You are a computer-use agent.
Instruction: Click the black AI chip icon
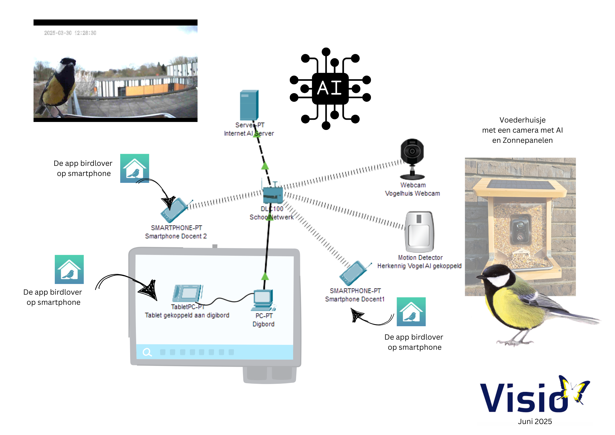(330, 88)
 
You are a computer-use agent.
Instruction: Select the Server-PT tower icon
(249, 105)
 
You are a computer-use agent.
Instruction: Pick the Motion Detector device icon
(419, 232)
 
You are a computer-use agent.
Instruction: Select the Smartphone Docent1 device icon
(354, 273)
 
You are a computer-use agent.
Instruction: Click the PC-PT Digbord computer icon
(263, 300)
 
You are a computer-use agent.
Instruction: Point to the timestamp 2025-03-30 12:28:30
(70, 33)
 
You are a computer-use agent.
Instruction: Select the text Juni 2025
(534, 422)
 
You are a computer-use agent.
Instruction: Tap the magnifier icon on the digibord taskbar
(147, 352)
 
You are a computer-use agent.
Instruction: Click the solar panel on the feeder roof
(520, 185)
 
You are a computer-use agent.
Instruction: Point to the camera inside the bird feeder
(520, 229)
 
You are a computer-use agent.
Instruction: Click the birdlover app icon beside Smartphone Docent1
(411, 312)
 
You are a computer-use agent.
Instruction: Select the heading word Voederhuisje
(522, 120)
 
